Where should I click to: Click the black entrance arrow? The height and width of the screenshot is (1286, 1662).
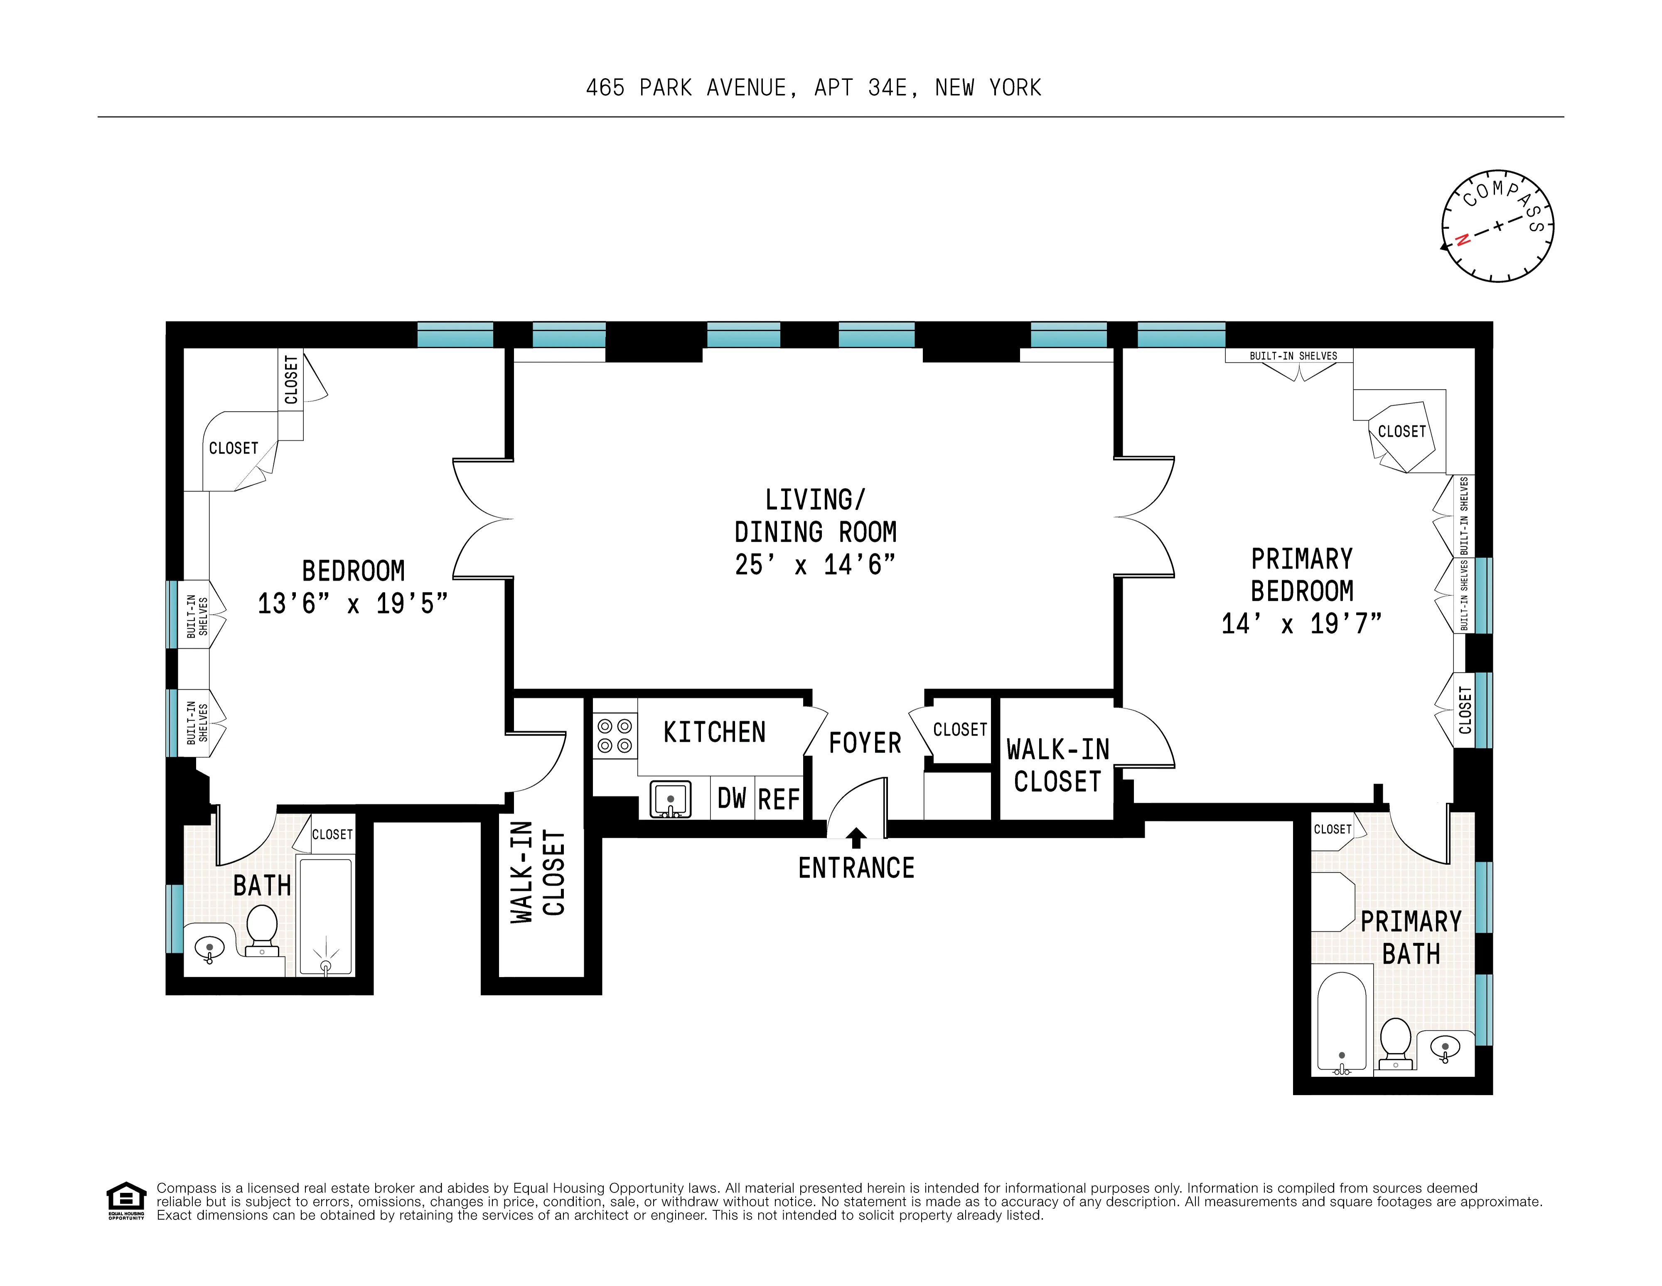[856, 837]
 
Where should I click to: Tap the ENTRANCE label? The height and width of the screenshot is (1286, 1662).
[856, 868]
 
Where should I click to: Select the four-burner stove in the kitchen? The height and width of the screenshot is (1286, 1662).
[614, 736]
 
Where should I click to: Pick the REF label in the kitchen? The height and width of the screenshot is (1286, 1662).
[779, 800]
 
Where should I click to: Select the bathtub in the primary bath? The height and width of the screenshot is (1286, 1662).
[1342, 1022]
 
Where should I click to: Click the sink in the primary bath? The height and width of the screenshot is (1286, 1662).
[1444, 1049]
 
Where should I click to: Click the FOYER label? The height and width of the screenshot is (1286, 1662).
[865, 743]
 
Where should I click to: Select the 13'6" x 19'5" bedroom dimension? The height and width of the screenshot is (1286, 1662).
[352, 604]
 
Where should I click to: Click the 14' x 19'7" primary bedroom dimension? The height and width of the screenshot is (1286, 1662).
[1301, 624]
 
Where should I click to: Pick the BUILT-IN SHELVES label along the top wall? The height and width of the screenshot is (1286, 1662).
[1293, 355]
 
